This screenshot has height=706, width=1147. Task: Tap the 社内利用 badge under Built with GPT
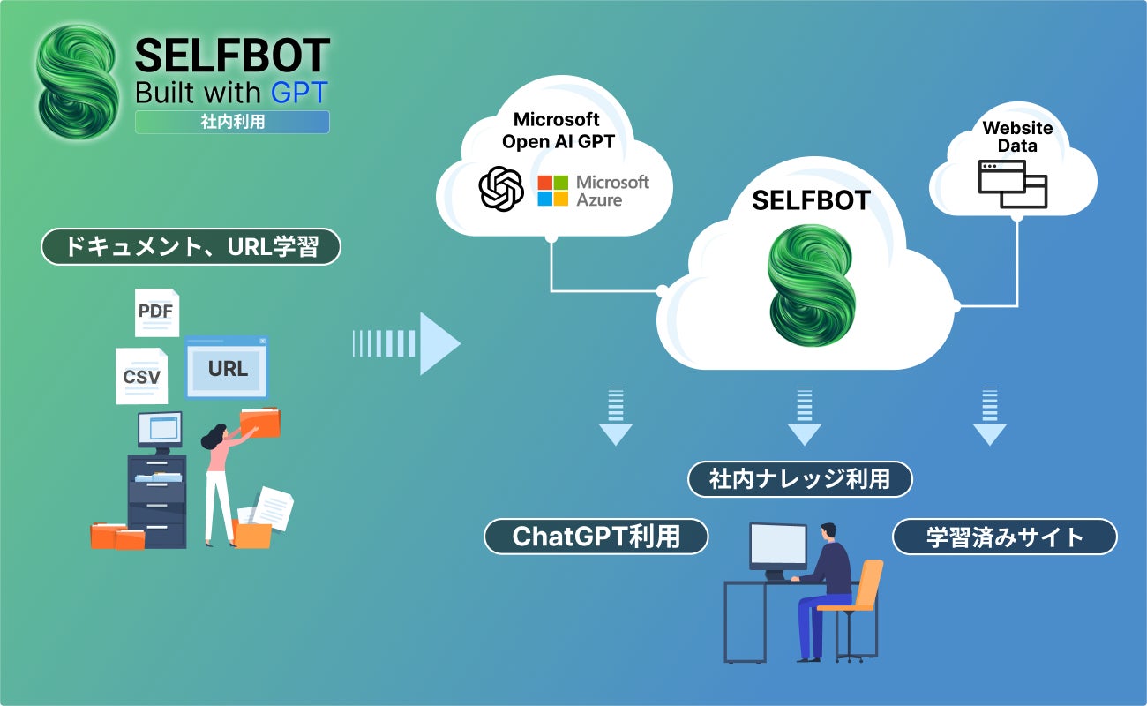[232, 123]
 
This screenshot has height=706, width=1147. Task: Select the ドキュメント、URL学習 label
[191, 248]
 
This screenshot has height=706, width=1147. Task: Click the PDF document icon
[157, 312]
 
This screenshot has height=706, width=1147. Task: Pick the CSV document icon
[141, 376]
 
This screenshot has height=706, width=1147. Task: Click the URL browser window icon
[226, 367]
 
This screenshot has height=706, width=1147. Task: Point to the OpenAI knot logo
[501, 189]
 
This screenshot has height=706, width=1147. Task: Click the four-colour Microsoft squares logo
[553, 190]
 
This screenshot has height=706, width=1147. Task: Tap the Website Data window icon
[1013, 184]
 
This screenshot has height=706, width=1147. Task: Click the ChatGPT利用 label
[596, 536]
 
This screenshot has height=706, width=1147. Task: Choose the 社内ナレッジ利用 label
[799, 479]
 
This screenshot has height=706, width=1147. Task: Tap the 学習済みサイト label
[1004, 537]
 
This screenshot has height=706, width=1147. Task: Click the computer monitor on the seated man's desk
[777, 547]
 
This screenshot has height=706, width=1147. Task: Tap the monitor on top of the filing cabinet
[160, 430]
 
